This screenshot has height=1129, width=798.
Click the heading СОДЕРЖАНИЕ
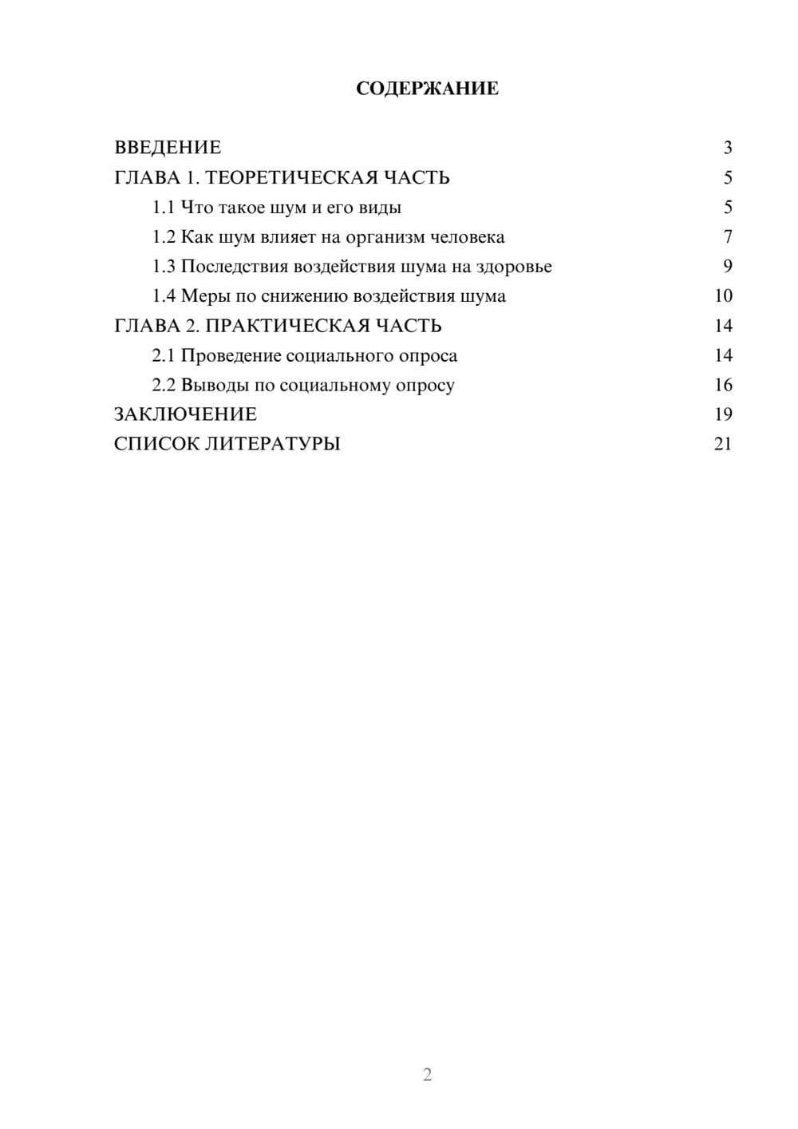(427, 89)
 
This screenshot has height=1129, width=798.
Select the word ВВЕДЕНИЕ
(168, 148)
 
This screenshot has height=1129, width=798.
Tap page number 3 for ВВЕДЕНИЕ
(728, 148)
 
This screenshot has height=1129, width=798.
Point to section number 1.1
(164, 208)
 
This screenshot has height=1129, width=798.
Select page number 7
(728, 237)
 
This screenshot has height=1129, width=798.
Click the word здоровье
(514, 267)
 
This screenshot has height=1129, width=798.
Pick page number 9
(728, 267)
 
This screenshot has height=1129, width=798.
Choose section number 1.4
(164, 296)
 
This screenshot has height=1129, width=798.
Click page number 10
(723, 296)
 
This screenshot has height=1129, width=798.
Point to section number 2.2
(164, 385)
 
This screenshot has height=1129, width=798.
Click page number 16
(723, 385)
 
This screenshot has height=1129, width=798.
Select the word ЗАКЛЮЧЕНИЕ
(185, 414)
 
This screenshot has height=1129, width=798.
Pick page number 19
(723, 414)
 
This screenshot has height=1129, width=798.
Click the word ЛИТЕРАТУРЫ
(273, 444)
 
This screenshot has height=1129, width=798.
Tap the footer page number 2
(427, 1075)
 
